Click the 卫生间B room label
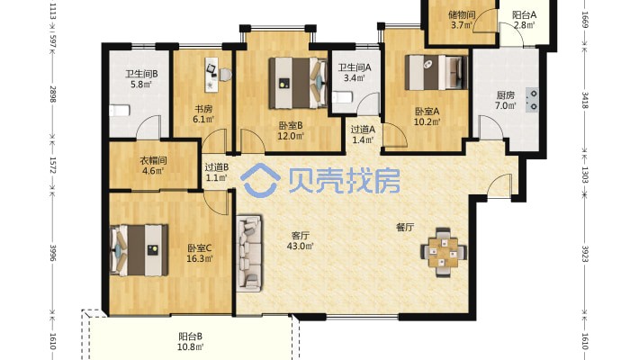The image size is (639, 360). pyautogui.click(x=141, y=74)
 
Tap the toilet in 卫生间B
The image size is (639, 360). pyautogui.click(x=120, y=111)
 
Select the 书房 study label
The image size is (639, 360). pyautogui.click(x=202, y=109)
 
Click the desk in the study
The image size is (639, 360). pyautogui.click(x=211, y=75)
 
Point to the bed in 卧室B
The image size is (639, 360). pyautogui.click(x=298, y=83)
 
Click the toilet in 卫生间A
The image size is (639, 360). pyautogui.click(x=342, y=98)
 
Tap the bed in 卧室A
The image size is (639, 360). pyautogui.click(x=436, y=72)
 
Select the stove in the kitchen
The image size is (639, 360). pyautogui.click(x=532, y=100)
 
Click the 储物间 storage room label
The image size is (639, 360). pyautogui.click(x=462, y=15)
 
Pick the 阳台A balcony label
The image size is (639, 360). pyautogui.click(x=524, y=15)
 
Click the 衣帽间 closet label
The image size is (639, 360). pyautogui.click(x=153, y=160)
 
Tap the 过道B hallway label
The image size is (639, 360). pyautogui.click(x=216, y=167)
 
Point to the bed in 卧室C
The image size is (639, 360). pyautogui.click(x=139, y=250)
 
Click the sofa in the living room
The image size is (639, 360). pyautogui.click(x=249, y=254)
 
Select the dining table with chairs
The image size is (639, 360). pyautogui.click(x=444, y=252)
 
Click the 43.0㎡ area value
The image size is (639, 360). pyautogui.click(x=301, y=247)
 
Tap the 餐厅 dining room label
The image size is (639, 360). pyautogui.click(x=405, y=227)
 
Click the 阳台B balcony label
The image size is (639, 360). pyautogui.click(x=190, y=337)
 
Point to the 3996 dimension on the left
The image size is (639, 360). pyautogui.click(x=52, y=253)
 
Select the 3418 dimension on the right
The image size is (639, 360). pyautogui.click(x=585, y=100)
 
